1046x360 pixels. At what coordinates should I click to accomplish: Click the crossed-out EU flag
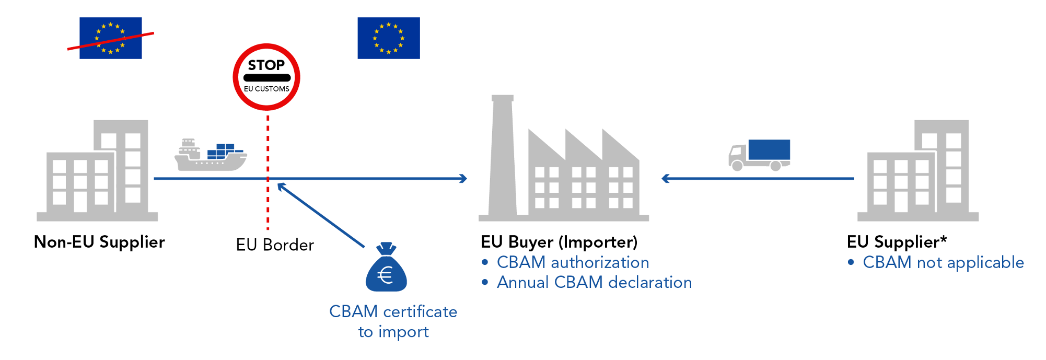110,38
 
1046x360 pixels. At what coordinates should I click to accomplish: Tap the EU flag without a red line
388,38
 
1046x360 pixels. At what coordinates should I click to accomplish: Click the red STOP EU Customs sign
266,77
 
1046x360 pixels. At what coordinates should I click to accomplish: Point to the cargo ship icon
210,156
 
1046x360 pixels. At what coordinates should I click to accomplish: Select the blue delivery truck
760,155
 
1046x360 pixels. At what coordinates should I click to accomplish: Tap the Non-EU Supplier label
99,242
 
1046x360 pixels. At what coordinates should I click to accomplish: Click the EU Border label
275,245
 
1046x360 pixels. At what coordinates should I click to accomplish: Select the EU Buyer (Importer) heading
559,242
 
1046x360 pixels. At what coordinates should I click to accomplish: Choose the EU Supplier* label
897,242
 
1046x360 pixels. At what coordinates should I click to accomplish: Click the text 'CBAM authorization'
573,262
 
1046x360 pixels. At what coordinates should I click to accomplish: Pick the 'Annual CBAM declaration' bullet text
594,282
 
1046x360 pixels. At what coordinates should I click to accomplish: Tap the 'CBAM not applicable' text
943,262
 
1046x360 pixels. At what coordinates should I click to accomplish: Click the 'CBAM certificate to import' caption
393,321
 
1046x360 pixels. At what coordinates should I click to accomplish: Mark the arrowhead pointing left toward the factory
665,179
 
